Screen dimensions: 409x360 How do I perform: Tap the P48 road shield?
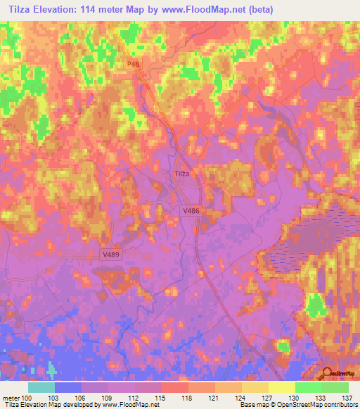click(x=134, y=63)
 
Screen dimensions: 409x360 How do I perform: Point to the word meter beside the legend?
click(x=11, y=398)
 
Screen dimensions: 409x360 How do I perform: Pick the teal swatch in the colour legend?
click(x=41, y=387)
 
